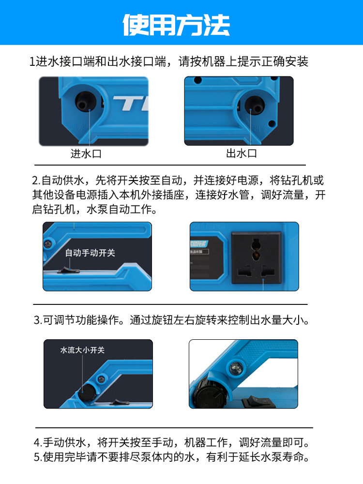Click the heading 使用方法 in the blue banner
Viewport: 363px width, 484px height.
click(176, 25)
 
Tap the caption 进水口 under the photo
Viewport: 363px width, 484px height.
click(86, 153)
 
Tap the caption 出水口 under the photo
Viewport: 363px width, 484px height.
click(242, 153)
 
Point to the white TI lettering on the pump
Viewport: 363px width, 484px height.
click(131, 103)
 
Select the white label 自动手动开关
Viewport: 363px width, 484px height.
click(90, 253)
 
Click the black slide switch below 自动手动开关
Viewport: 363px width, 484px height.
click(69, 271)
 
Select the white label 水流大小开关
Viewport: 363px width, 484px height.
click(82, 350)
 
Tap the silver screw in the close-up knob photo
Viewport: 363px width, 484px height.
click(236, 368)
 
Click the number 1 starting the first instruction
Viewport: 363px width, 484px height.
click(32, 62)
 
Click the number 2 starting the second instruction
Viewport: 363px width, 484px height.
click(35, 180)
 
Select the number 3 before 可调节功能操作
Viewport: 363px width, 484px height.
click(37, 320)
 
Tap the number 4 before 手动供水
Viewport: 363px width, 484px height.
click(37, 443)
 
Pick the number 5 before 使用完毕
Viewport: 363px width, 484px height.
click(37, 457)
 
